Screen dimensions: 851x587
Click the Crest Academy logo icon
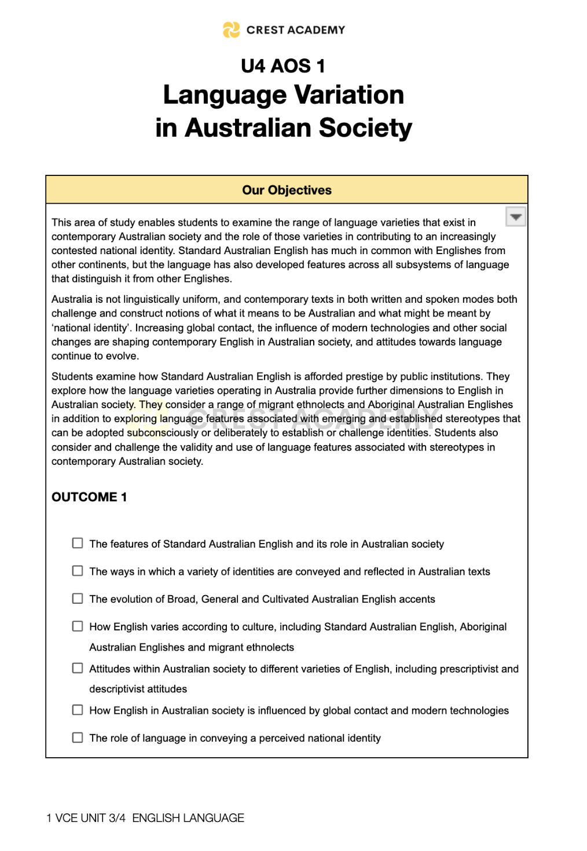pos(231,30)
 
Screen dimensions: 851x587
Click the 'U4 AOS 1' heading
pos(283,66)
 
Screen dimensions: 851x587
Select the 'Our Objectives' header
pos(287,190)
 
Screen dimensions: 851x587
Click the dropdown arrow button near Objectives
pos(515,217)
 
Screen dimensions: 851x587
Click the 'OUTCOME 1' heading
pos(89,497)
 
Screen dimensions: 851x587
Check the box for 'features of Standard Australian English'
pos(78,543)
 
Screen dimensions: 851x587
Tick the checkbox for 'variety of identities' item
pos(78,571)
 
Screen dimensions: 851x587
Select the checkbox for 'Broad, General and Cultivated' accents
pos(78,599)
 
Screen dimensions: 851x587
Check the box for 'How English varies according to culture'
pos(78,626)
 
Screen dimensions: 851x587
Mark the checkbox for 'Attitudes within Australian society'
pos(78,668)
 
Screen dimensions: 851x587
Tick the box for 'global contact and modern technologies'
pos(78,710)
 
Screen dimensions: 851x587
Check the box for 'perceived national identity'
pos(78,738)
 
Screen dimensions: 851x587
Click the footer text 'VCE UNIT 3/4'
pos(90,818)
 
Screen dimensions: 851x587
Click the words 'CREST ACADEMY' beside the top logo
pos(295,30)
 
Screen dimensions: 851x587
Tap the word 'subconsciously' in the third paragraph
pos(162,433)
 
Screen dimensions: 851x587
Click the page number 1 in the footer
pos(49,818)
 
